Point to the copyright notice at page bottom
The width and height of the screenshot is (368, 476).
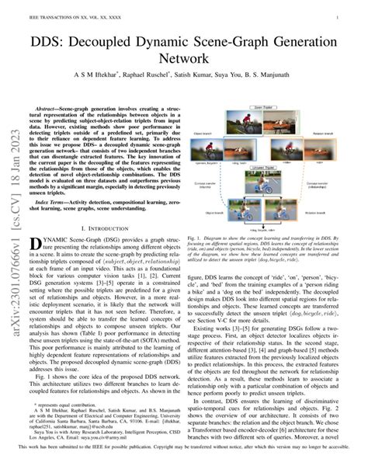[184, 468]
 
